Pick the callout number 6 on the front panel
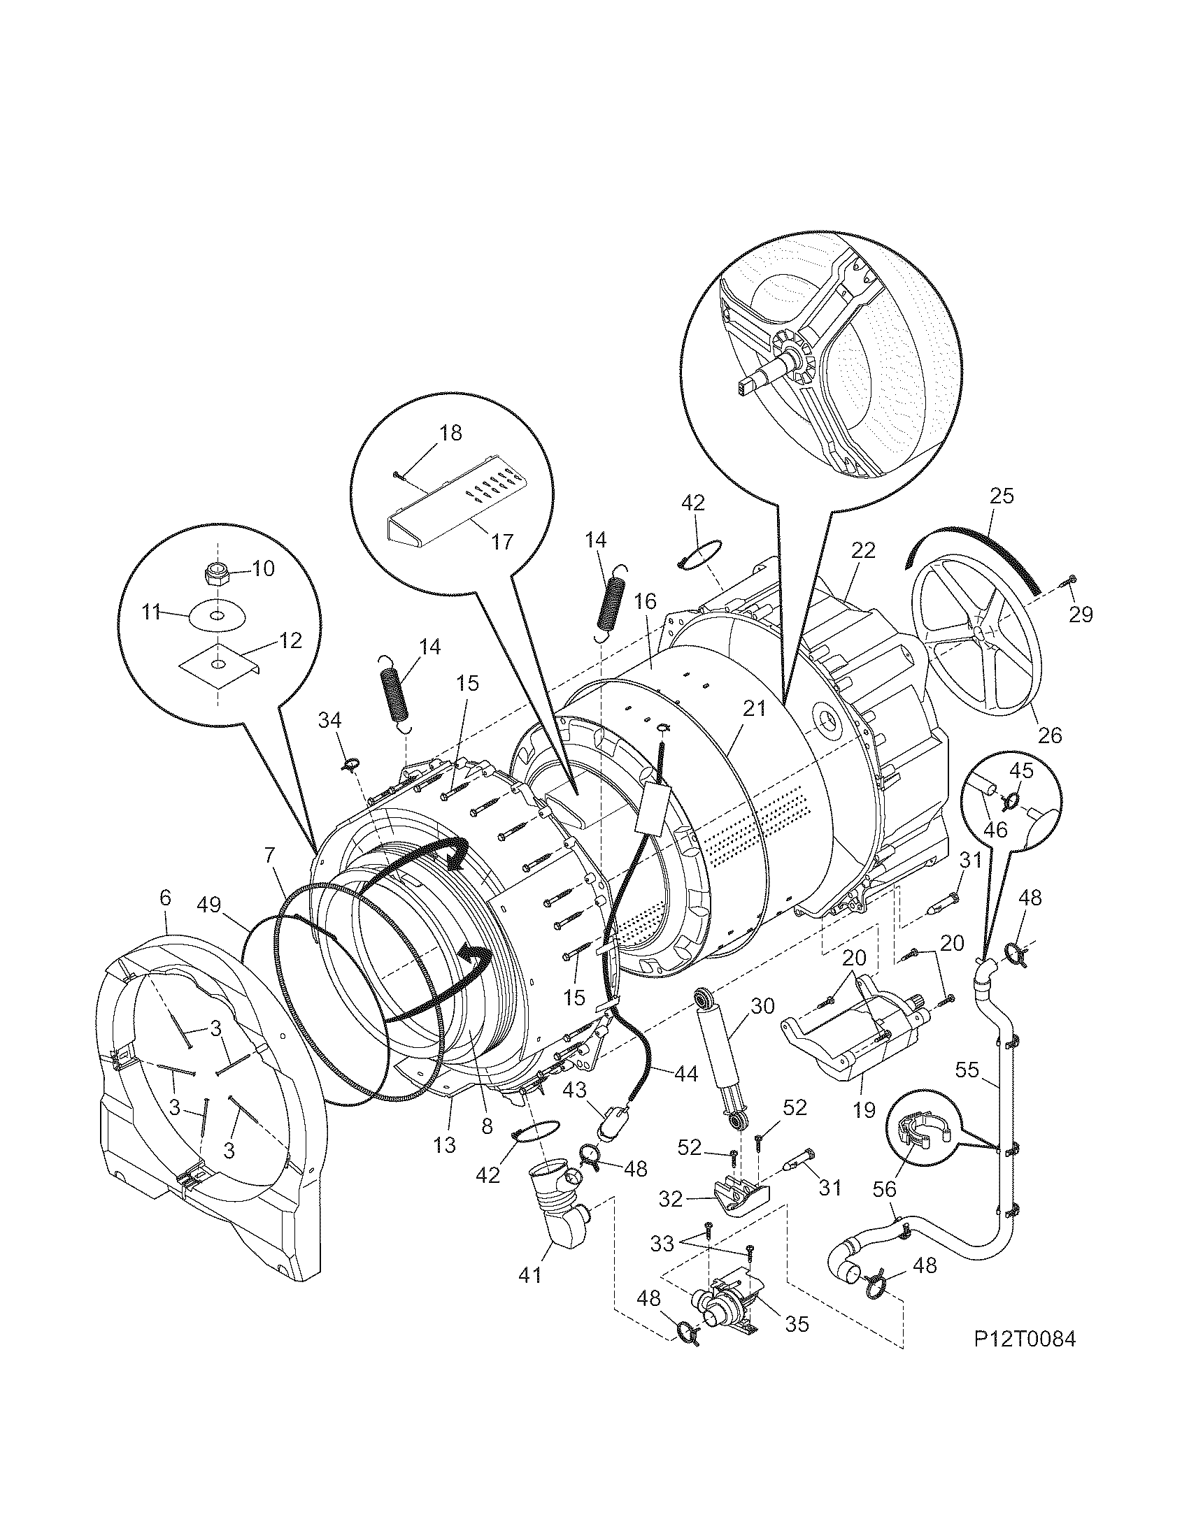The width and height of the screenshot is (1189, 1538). (165, 897)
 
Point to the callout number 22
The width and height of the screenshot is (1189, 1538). (863, 550)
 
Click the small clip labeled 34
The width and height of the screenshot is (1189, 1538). (351, 762)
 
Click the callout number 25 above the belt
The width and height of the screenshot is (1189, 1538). (1001, 496)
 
